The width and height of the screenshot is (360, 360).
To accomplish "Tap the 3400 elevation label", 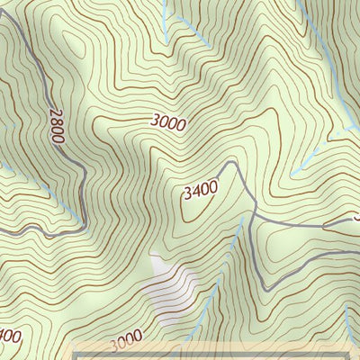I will [x=200, y=190].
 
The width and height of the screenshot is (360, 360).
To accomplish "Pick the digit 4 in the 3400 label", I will [x=196, y=191].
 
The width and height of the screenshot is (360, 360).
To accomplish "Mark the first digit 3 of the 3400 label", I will [x=187, y=193].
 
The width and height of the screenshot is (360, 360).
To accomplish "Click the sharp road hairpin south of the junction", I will [x=266, y=286].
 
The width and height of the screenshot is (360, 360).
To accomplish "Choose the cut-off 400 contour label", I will [x=9, y=337].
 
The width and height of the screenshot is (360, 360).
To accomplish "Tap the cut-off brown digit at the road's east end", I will [x=356, y=216].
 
